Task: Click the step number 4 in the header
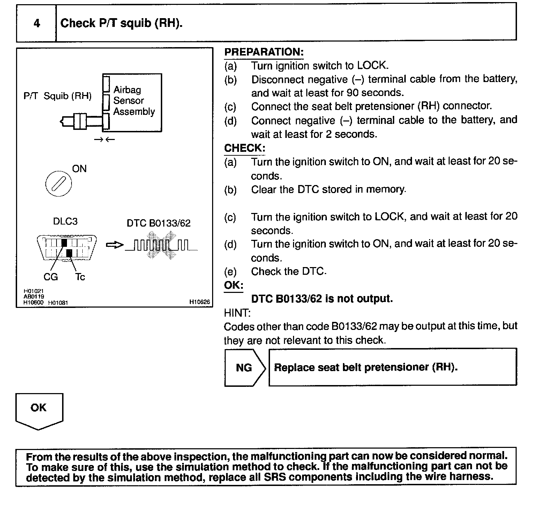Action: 37,23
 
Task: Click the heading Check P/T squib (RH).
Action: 121,23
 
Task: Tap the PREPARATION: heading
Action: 264,52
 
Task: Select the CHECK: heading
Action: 245,148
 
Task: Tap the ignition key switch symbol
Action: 59,184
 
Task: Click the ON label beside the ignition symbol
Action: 79,169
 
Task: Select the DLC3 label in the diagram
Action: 65,221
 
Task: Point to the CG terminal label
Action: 51,277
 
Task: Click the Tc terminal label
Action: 80,277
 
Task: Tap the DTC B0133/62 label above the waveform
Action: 159,223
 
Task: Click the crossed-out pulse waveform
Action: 161,245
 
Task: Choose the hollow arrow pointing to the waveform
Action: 114,245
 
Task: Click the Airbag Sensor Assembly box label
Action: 134,101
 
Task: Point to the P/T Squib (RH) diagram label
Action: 58,96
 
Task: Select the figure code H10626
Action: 200,302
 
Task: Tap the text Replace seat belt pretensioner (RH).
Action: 366,367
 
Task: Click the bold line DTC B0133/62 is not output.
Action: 322,299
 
